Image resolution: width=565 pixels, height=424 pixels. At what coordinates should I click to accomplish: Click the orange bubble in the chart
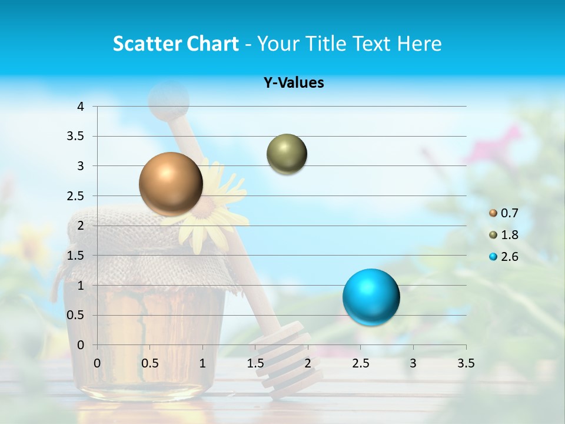click(171, 184)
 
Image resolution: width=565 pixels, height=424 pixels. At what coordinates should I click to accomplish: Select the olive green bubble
click(287, 154)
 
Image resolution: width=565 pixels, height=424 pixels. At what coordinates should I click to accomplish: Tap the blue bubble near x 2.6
click(371, 297)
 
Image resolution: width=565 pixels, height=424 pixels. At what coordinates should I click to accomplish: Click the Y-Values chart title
click(294, 83)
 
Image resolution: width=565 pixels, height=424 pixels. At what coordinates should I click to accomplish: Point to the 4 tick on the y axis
click(81, 107)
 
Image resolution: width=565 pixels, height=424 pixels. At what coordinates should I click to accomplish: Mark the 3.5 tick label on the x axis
click(466, 363)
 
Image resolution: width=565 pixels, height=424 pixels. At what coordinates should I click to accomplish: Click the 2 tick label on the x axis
click(308, 363)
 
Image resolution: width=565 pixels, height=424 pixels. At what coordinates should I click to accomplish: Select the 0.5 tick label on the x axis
click(149, 363)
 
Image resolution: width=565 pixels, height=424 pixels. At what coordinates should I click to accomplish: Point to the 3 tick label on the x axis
click(413, 363)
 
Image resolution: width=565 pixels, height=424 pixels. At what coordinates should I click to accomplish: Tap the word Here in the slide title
click(419, 44)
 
